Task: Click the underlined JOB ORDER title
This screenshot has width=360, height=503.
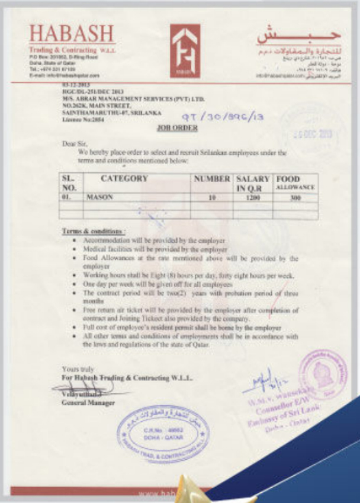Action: [178, 127]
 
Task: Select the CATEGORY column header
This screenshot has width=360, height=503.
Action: [124, 178]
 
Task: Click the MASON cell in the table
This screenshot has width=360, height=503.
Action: [97, 198]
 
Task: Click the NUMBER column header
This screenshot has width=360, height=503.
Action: [212, 178]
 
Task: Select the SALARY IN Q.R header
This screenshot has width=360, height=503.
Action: [253, 182]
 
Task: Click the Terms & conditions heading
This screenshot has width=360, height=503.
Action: [94, 230]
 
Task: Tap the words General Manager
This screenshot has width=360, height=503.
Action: [88, 402]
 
